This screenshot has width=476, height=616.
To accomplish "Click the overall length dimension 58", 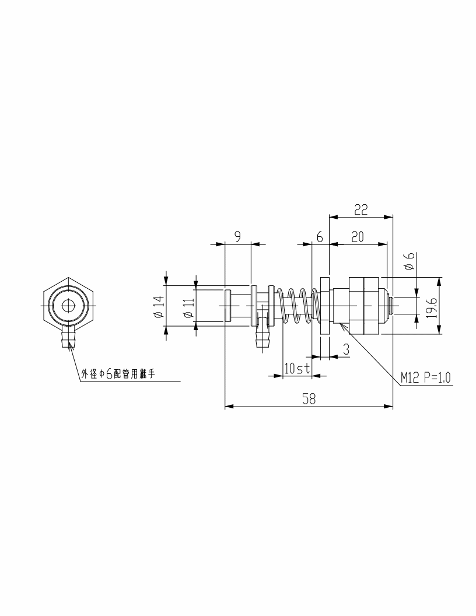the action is point(309,399).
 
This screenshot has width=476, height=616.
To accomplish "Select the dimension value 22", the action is point(361,210).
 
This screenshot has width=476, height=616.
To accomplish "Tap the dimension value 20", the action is point(358,237).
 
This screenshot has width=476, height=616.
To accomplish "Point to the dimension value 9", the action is point(237,237).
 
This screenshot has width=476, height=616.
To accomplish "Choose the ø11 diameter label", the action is point(189,307).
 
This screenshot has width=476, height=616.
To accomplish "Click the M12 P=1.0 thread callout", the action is point(426,377).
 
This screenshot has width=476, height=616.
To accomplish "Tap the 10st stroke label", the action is point(297,369).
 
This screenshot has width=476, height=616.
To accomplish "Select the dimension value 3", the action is point(346,349).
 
